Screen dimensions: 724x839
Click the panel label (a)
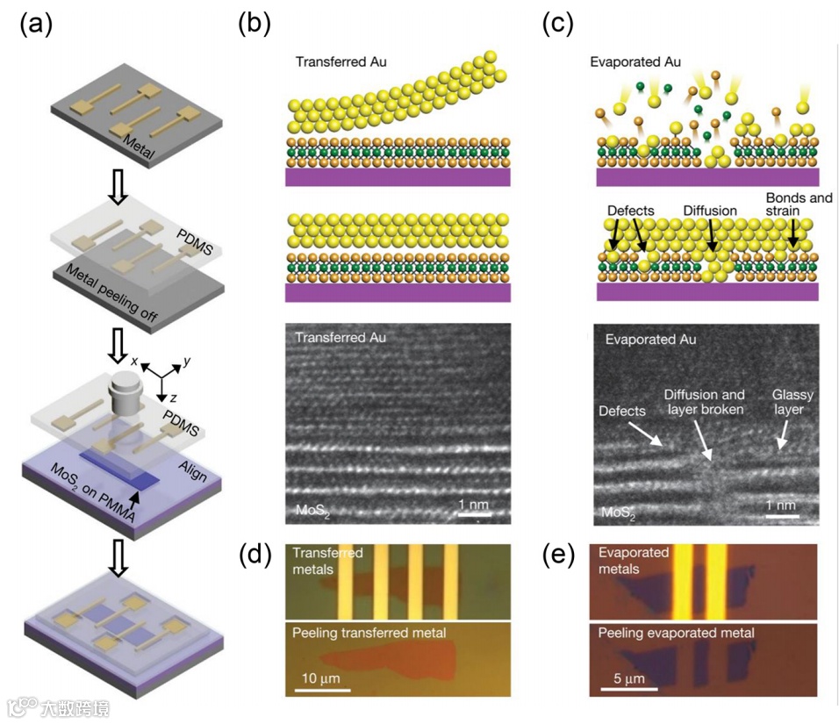[36, 24]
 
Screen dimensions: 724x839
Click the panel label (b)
[255, 24]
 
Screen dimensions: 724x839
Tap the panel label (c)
[558, 24]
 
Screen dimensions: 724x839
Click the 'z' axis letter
[177, 398]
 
